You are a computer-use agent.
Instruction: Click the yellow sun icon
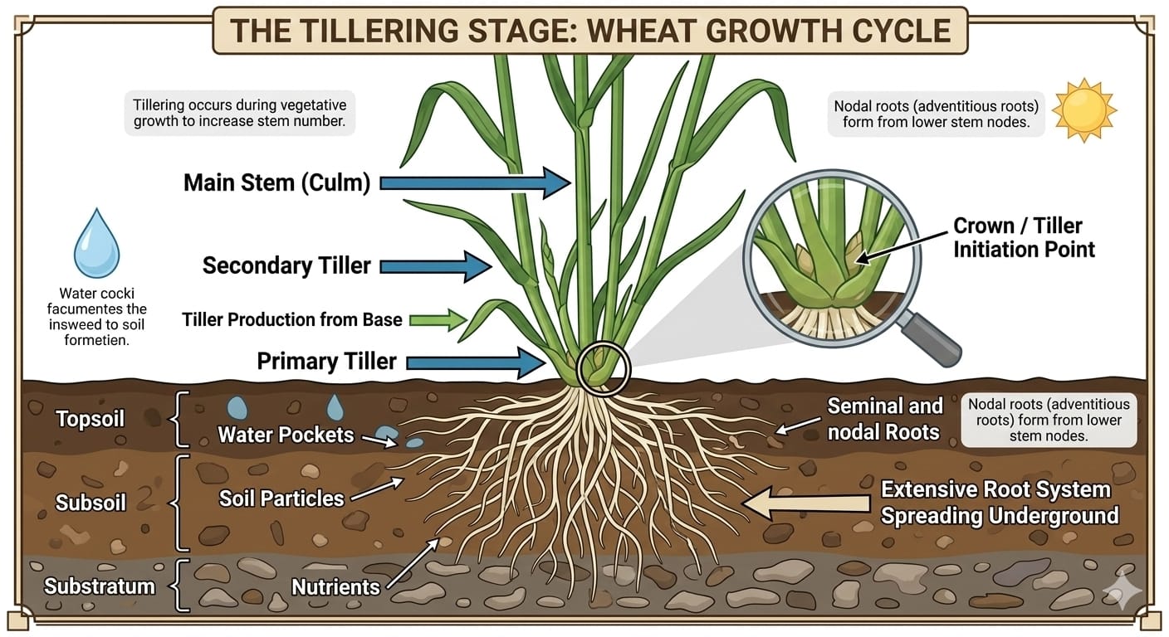[x=1084, y=111]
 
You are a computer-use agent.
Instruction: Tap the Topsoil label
[x=90, y=419]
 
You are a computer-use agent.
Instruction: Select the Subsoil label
[x=90, y=503]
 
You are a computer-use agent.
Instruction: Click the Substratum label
[x=100, y=586]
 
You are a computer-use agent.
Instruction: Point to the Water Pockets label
[x=286, y=435]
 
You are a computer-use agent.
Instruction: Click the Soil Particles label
[x=281, y=498]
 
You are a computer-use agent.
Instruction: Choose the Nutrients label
[x=335, y=587]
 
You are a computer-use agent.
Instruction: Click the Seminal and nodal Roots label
[x=884, y=418]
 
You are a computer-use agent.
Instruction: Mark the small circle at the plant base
[x=603, y=367]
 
